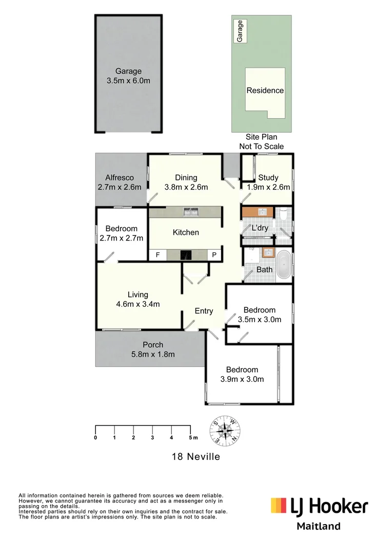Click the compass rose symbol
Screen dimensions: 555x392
pos(224,430)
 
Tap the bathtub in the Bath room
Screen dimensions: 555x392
pos(284,264)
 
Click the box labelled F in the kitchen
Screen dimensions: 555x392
pos(158,255)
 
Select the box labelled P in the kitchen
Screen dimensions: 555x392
pos(214,255)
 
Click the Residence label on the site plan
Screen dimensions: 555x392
pos(265,90)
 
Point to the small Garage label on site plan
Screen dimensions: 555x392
pos(239,31)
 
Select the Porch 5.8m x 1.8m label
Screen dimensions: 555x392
pos(153,349)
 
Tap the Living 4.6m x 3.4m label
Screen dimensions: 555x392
pos(138,299)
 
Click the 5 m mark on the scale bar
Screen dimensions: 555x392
pos(191,437)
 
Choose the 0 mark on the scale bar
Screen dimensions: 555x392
pos(96,437)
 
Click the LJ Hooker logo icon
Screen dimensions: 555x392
pos(279,506)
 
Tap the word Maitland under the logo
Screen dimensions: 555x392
pos(319,526)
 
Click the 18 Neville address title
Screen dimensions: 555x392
pos(195,456)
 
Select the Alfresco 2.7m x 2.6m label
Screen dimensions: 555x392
pos(119,182)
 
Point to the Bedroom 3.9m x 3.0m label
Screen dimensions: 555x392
pos(242,375)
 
